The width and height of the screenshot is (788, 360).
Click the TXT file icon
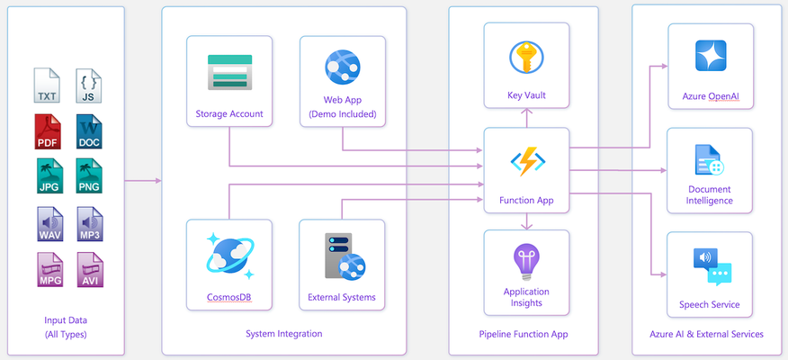click(x=47, y=85)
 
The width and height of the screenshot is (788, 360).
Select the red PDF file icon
click(x=48, y=131)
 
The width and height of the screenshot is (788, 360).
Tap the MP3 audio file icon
click(x=89, y=224)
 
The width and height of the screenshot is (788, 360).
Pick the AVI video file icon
click(x=90, y=270)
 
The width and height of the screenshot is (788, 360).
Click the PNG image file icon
click(x=89, y=176)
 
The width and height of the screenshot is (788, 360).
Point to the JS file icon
click(x=88, y=85)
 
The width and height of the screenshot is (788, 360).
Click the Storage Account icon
click(x=229, y=72)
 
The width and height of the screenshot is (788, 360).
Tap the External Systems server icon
click(x=345, y=256)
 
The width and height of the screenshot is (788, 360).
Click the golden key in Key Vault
click(x=526, y=58)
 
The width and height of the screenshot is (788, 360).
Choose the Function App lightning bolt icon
click(x=528, y=161)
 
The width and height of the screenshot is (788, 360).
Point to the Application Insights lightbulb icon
click(x=526, y=262)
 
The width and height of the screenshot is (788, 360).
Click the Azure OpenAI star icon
click(x=711, y=55)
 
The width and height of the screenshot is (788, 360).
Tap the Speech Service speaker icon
click(x=712, y=266)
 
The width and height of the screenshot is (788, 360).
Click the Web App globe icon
click(x=343, y=67)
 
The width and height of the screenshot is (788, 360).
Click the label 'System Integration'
click(x=284, y=333)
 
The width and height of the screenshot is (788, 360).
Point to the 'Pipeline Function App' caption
click(x=524, y=334)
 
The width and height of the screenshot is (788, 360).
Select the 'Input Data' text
click(x=66, y=320)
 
